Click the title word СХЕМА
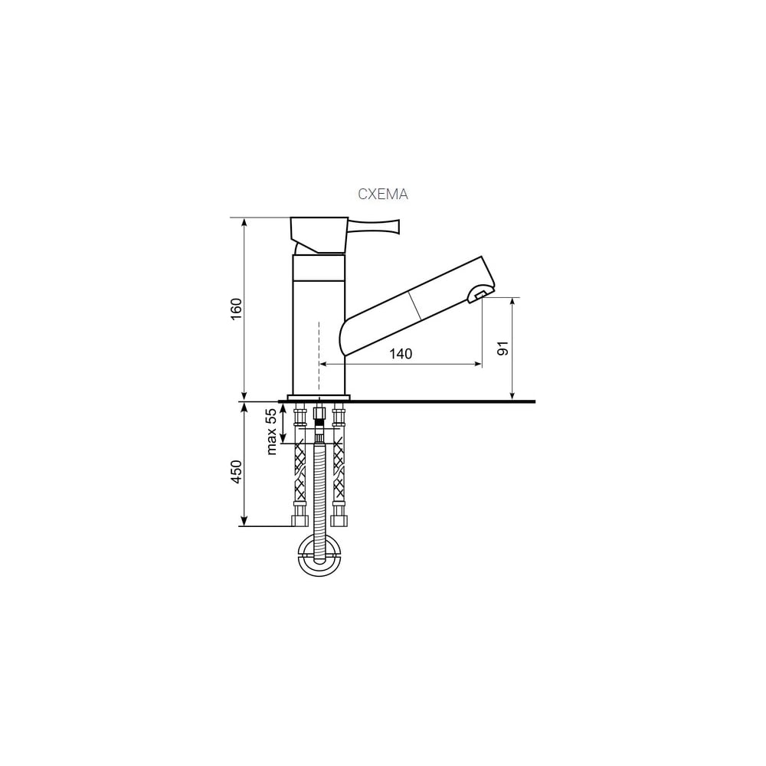[382, 195]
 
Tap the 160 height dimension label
[237, 309]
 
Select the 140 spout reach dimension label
[401, 353]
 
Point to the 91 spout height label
[503, 349]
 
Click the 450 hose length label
[237, 472]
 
